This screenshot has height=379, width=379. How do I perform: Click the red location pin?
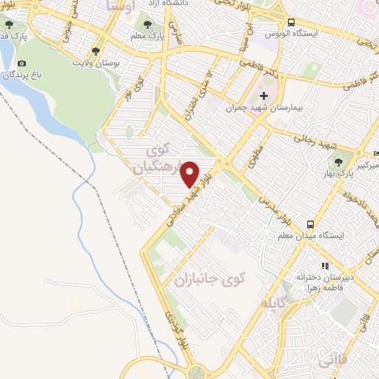click(190, 174)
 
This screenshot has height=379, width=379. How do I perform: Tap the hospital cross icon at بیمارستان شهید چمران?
click(264, 96)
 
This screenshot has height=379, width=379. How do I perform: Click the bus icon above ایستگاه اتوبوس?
click(291, 23)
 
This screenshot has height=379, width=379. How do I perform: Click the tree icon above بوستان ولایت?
click(95, 50)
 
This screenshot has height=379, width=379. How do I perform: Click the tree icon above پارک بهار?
click(340, 161)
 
